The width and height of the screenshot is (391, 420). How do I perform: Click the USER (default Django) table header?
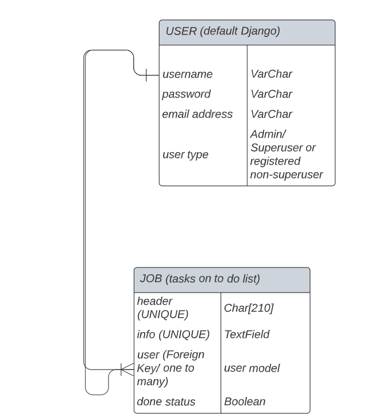pyautogui.click(x=223, y=32)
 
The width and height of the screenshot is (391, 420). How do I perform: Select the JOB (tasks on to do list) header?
pyautogui.click(x=200, y=279)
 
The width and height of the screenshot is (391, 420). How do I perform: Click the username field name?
pyautogui.click(x=187, y=74)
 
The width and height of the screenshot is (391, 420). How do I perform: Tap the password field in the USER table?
pyautogui.click(x=186, y=94)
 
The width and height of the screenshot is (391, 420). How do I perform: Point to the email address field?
pyautogui.click(x=197, y=114)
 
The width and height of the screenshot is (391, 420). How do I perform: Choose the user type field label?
pyautogui.click(x=185, y=154)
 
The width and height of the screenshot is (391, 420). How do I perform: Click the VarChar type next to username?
pyautogui.click(x=271, y=74)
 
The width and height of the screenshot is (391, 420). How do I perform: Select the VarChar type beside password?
pyautogui.click(x=271, y=94)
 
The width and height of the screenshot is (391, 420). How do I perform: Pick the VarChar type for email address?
pyautogui.click(x=271, y=114)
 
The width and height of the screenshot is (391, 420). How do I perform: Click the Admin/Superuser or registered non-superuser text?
pyautogui.click(x=286, y=154)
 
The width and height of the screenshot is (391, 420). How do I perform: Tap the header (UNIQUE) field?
pyautogui.click(x=162, y=308)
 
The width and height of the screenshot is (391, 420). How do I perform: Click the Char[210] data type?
pyautogui.click(x=249, y=308)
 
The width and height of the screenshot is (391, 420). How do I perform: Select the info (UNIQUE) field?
pyautogui.click(x=173, y=334)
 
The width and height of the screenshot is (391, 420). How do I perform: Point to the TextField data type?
pyautogui.click(x=247, y=334)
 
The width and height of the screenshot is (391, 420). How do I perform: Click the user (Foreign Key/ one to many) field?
pyautogui.click(x=170, y=368)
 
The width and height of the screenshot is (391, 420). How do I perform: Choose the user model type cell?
pyautogui.click(x=251, y=368)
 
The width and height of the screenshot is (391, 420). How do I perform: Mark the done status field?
pyautogui.click(x=166, y=402)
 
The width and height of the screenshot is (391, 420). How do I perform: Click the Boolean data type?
pyautogui.click(x=245, y=402)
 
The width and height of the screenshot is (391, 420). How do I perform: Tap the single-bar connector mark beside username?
pyautogui.click(x=146, y=75)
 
